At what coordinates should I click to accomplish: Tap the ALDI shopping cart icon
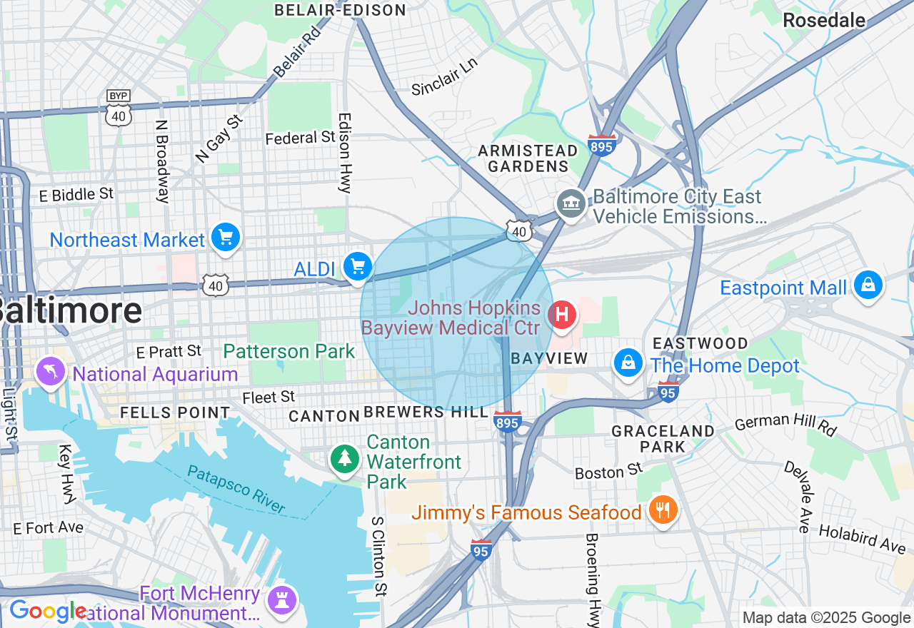click(358, 267)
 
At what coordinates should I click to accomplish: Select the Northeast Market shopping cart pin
click(226, 238)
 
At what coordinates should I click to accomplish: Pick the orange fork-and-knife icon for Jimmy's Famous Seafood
click(664, 510)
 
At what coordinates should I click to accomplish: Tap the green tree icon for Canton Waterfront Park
click(346, 458)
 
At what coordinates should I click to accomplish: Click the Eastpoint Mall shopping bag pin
click(868, 285)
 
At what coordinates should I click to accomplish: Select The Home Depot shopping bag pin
click(628, 363)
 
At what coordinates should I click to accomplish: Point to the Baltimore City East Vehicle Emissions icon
click(571, 205)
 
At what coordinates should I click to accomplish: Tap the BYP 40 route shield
click(118, 108)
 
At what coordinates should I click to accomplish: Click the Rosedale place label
click(824, 20)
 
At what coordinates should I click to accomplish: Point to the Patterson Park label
click(288, 351)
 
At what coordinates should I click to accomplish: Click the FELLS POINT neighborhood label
click(175, 412)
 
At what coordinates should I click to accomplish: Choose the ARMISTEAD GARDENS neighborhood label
click(528, 158)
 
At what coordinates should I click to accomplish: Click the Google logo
click(47, 612)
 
